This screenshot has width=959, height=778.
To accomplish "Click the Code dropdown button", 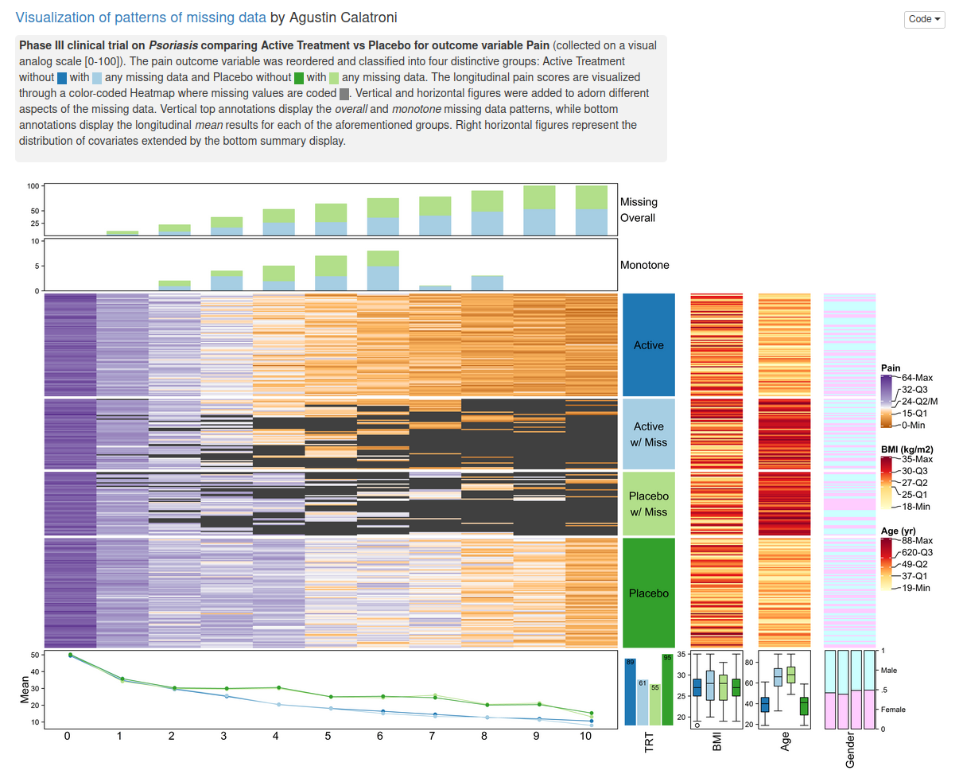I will tap(924, 19).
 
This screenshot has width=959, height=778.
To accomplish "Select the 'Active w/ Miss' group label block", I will tap(649, 434).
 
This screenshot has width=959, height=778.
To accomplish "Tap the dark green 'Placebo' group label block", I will tap(649, 593).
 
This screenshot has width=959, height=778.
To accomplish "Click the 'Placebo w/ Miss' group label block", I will tap(649, 504).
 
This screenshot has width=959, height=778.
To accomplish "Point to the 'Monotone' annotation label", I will tap(645, 265).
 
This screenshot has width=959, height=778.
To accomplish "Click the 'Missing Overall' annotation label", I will tap(639, 210).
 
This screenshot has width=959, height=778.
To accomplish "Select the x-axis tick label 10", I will tap(586, 737).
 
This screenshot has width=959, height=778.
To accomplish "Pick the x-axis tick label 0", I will tap(68, 737).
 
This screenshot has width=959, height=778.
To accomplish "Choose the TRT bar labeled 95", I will tap(667, 689).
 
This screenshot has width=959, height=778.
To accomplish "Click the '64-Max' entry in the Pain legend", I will tap(917, 378).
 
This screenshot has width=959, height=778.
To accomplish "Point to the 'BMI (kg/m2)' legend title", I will tap(912, 449).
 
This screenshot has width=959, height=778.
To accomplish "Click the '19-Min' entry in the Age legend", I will tap(916, 588).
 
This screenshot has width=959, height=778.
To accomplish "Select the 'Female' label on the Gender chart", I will tap(893, 710).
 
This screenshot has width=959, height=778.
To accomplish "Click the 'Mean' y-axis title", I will tap(25, 690).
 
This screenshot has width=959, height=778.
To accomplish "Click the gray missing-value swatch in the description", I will tap(344, 94).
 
